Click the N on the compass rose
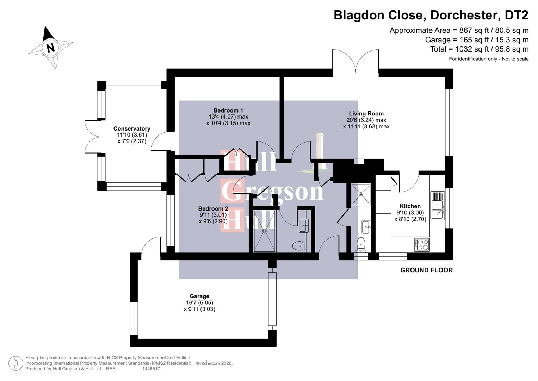pyautogui.click(x=50, y=48)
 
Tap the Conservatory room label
pyautogui.click(x=132, y=129)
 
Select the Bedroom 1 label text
pyautogui.click(x=228, y=110)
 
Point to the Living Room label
pyautogui.click(x=366, y=114)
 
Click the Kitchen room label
pyautogui.click(x=410, y=206)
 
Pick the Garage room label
pyautogui.click(x=199, y=296)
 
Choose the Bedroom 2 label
pyautogui.click(x=213, y=208)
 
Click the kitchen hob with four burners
pyautogui.click(x=422, y=244)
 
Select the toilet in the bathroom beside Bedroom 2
pyautogui.click(x=299, y=246)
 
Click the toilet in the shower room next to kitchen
pyautogui.click(x=361, y=244)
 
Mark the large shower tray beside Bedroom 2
pyautogui.click(x=265, y=231)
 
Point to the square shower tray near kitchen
pyautogui.click(x=361, y=194)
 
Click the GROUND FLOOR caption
pyautogui.click(x=426, y=270)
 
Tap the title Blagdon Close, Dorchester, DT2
pyautogui.click(x=431, y=15)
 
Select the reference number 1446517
pyautogui.click(x=151, y=369)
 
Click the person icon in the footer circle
pyautogui.click(x=16, y=363)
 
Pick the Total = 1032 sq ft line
pyautogui.click(x=479, y=49)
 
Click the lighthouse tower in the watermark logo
pyautogui.click(x=320, y=146)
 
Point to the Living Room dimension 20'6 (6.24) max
pyautogui.click(x=366, y=120)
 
